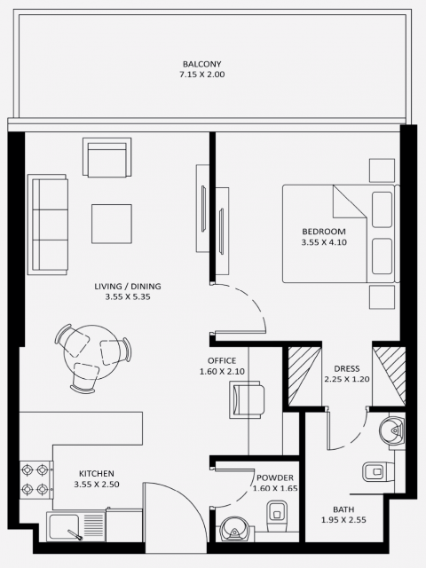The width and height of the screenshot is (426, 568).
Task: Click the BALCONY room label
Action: (201, 64)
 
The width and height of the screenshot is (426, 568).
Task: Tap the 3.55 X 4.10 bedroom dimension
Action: (324, 242)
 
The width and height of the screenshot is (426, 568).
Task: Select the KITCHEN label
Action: (97, 473)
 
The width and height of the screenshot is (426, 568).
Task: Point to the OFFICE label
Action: (222, 360)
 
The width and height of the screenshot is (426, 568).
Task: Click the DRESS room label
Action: (347, 368)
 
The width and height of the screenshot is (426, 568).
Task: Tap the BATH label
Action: (343, 509)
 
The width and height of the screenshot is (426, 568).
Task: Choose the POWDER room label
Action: (275, 477)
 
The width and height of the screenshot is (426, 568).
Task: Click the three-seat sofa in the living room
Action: (47, 225)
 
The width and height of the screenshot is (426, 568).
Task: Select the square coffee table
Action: (112, 224)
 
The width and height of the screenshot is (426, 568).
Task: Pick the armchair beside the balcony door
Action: (106, 157)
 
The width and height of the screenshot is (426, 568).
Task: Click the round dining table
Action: (92, 352)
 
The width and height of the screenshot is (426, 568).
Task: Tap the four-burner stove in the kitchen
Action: (35, 479)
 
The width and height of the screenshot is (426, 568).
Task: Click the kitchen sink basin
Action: (65, 526)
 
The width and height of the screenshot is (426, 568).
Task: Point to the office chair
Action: (247, 399)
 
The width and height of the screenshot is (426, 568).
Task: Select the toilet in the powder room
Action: (277, 516)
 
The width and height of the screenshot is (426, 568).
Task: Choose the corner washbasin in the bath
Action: (391, 430)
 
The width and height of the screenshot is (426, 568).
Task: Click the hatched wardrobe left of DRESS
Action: (304, 375)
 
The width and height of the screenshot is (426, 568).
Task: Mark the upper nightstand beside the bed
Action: (382, 170)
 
